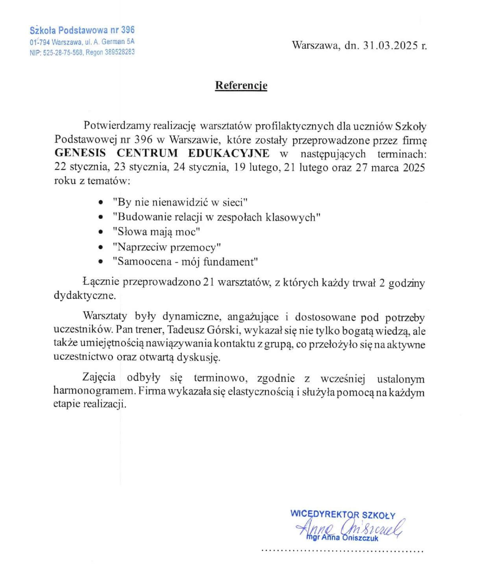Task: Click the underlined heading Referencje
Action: [x=241, y=85]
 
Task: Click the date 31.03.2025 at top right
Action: [x=390, y=46]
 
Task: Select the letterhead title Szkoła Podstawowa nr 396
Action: [x=82, y=30]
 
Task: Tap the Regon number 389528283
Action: [x=120, y=52]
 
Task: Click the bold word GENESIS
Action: [x=80, y=153]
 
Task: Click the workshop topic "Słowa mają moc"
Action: [x=156, y=232]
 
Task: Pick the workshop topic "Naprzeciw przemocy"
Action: [x=166, y=247]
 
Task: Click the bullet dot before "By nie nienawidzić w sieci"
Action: [x=102, y=203]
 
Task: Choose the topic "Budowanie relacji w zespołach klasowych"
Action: [x=216, y=217]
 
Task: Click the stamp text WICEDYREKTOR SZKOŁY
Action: [x=342, y=514]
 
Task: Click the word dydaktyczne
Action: [x=85, y=295]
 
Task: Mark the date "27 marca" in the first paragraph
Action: [x=378, y=168]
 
